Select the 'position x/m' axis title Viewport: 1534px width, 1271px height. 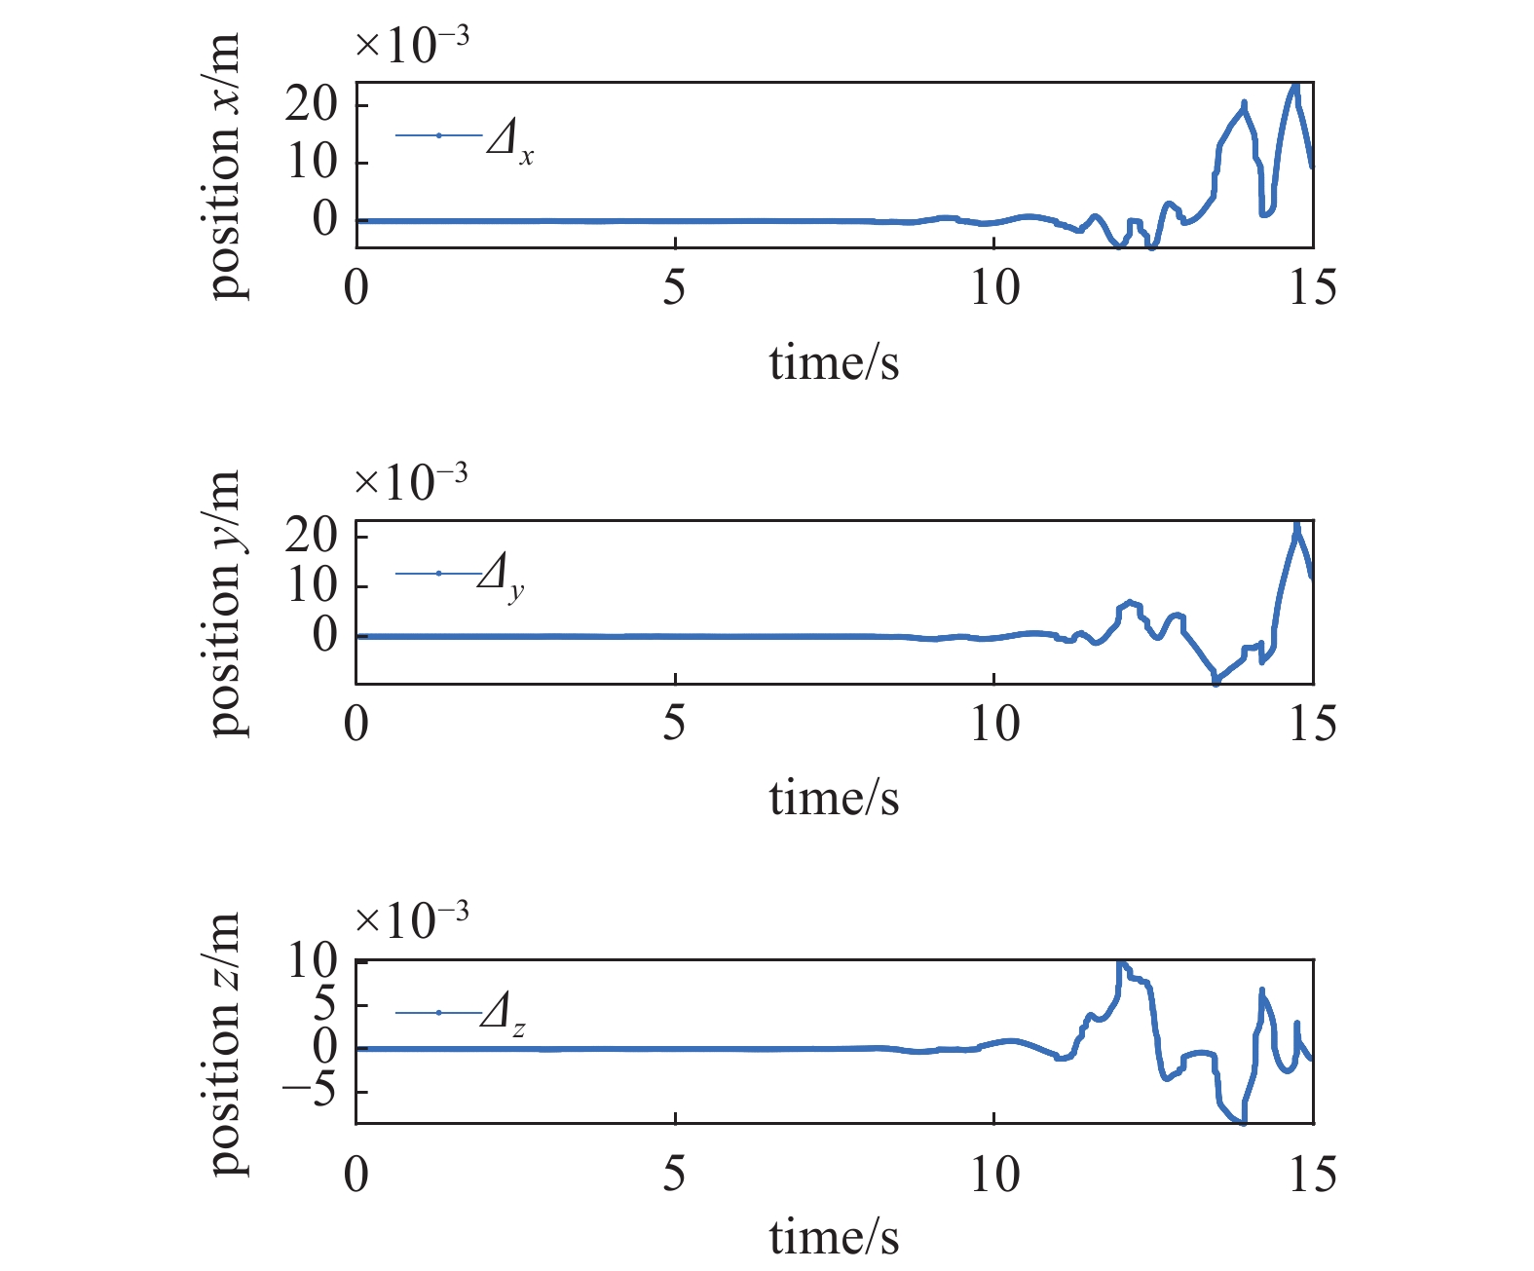click(225, 166)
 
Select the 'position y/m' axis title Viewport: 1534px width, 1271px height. click(225, 603)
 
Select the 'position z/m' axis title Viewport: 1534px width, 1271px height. click(225, 1043)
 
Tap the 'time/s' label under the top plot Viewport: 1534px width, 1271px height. click(834, 363)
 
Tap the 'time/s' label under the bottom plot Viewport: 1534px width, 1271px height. click(834, 1238)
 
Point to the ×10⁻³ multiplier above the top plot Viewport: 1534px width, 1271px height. click(412, 44)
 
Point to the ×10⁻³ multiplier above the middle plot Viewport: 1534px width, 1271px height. click(412, 481)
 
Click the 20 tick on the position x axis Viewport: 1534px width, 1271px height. click(312, 104)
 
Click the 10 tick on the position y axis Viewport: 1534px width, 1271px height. click(312, 585)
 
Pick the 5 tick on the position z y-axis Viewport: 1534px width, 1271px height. click(325, 1005)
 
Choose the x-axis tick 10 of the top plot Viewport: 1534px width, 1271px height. click(994, 288)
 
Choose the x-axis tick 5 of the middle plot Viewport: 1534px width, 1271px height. click(675, 725)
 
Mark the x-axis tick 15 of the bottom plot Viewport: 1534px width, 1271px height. click(1312, 1177)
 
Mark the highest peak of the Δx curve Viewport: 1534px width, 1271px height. click(1295, 86)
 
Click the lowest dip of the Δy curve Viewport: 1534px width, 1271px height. click(1216, 683)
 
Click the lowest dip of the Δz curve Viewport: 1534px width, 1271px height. click(1241, 1123)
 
